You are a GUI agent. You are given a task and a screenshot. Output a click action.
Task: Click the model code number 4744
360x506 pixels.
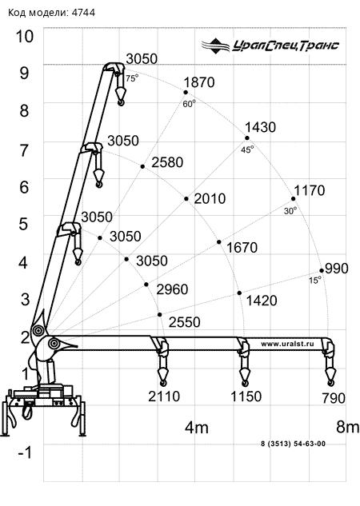pos(83,13)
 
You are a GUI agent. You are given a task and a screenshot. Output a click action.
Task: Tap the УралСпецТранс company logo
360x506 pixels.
pos(270,46)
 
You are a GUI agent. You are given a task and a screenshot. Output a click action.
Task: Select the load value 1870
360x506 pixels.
pos(199,82)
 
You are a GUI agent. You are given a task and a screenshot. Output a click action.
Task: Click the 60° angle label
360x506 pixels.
pos(190,104)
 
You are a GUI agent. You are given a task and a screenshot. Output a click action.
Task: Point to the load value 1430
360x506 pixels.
pos(260,127)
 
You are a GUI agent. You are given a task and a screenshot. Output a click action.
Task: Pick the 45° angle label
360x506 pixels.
pos(247,149)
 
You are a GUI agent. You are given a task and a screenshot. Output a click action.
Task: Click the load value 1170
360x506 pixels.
pos(310,190)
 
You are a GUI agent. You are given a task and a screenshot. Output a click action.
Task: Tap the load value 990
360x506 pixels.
pos(337,268)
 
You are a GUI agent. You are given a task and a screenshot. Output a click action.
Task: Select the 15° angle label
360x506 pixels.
pos(315,280)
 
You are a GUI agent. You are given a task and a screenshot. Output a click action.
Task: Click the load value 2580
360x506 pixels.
pos(167,162)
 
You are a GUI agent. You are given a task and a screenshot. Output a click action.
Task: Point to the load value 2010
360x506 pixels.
pos(210,198)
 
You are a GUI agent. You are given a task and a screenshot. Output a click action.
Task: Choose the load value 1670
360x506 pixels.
pos(242,248)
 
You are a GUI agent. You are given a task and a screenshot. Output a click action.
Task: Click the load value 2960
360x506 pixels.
pos(172,289)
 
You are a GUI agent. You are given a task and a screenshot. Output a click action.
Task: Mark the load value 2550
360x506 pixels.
pos(184,322)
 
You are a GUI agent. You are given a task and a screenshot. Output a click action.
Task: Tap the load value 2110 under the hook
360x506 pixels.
pos(164,396)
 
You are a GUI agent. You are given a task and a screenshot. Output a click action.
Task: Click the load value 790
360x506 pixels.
pos(334,398)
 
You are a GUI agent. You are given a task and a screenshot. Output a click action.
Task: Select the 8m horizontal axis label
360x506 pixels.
pos(348,427)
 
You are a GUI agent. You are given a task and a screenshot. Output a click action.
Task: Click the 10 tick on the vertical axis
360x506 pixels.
pos(25,36)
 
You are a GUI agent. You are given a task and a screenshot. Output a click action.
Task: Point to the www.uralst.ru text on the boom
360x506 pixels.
pos(287,344)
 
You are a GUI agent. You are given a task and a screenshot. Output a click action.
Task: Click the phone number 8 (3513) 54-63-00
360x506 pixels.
pos(293,444)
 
